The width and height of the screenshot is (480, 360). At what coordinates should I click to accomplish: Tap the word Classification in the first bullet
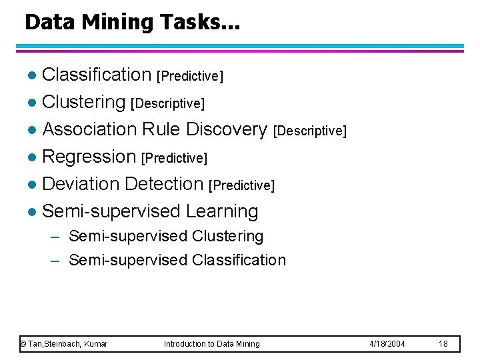tap(97, 75)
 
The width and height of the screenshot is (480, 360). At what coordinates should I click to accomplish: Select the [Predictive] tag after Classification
tap(189, 77)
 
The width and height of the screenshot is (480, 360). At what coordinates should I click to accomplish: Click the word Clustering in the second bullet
tap(83, 102)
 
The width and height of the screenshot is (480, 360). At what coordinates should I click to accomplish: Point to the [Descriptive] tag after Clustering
tap(167, 104)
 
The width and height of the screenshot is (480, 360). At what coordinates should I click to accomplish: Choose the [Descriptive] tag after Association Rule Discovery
tap(310, 131)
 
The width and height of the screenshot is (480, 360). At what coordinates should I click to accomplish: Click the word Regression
tap(89, 157)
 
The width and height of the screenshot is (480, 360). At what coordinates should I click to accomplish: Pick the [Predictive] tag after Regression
tap(175, 159)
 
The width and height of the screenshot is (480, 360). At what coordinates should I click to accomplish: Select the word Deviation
tap(80, 184)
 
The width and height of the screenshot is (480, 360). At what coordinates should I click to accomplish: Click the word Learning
tap(222, 211)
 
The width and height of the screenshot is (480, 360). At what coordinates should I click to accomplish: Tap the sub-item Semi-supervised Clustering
tap(166, 237)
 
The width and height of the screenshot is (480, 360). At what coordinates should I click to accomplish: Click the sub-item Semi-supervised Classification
tap(177, 260)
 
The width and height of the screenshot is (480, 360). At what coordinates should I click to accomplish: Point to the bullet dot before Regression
tap(32, 158)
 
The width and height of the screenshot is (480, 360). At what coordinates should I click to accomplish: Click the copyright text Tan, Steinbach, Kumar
tap(64, 344)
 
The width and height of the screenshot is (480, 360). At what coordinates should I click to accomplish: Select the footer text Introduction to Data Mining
tap(212, 344)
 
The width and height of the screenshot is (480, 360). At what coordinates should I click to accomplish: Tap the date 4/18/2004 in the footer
tap(387, 344)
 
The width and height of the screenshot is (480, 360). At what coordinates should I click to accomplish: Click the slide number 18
tap(443, 344)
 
